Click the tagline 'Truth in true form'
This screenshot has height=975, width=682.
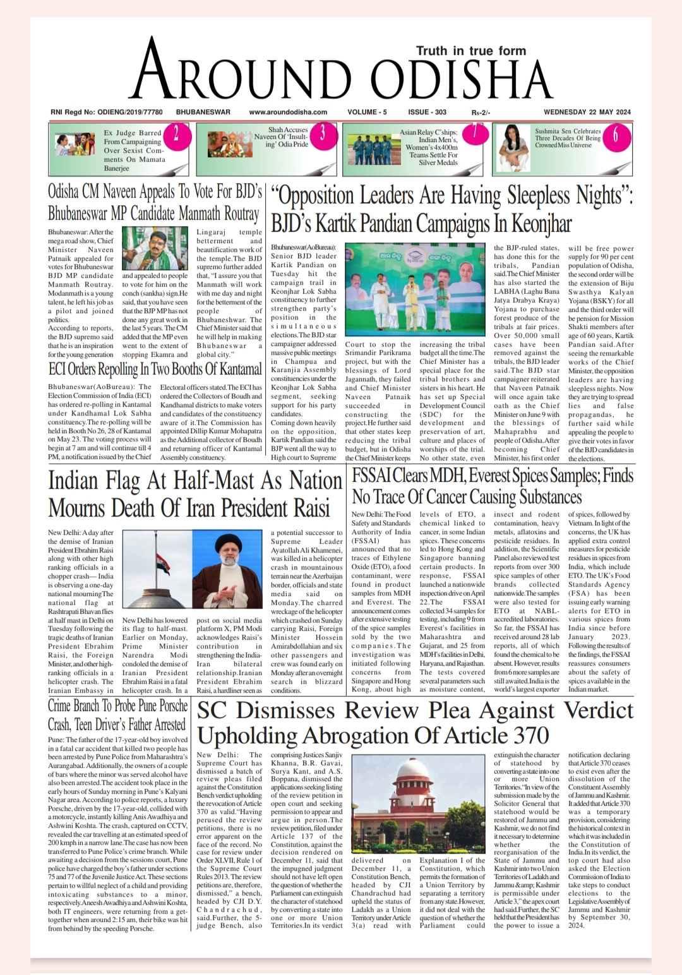pos(470,51)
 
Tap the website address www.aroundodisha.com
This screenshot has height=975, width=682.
pos(288,112)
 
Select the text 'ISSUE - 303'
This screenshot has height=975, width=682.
pos(427,112)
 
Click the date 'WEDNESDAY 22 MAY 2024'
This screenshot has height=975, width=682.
pos(587,112)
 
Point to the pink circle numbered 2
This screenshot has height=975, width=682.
pos(176,134)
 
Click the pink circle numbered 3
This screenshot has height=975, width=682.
pos(323,134)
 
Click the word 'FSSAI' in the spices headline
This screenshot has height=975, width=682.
pos(373,475)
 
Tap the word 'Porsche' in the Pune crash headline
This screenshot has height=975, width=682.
pos(172,706)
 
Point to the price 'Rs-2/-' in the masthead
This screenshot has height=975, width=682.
pos(481,113)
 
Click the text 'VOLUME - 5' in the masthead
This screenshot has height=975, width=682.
pos(367,112)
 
